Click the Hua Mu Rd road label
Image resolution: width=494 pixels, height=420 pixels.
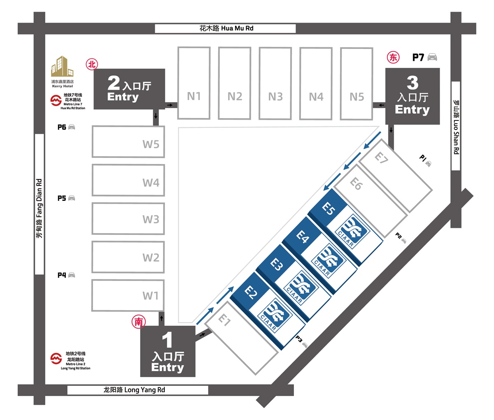(x=226, y=28)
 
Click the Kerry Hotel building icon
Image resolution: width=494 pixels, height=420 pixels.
(x=62, y=67)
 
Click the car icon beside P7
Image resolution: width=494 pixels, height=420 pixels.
(x=432, y=57)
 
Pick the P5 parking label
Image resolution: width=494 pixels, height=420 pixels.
(x=62, y=198)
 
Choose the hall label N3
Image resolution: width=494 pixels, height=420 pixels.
(x=275, y=97)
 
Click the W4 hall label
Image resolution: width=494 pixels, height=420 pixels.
(x=151, y=183)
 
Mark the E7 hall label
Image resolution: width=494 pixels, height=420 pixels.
(x=382, y=158)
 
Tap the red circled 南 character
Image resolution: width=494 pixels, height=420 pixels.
(x=138, y=322)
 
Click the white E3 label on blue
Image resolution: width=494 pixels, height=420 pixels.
(x=277, y=265)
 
